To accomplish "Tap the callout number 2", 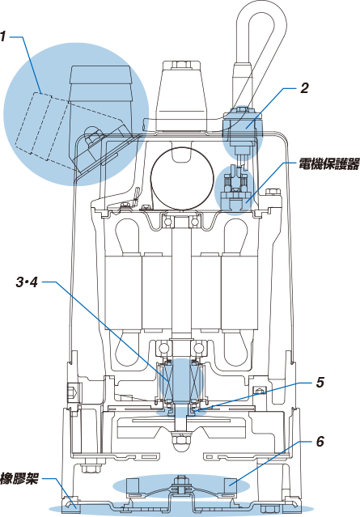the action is [x=304, y=88].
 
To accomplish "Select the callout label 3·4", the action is [x=28, y=282].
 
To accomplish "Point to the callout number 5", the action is [x=320, y=382].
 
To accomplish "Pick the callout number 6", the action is [x=320, y=442].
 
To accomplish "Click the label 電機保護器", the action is [x=328, y=164].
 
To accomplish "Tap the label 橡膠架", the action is [x=19, y=478].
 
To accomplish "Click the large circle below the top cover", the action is [x=181, y=179].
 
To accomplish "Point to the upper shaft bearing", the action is [x=181, y=221].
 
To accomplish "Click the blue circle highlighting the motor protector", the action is [x=235, y=190].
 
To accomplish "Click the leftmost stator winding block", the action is [x=123, y=292].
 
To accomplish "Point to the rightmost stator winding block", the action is [x=239, y=292].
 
